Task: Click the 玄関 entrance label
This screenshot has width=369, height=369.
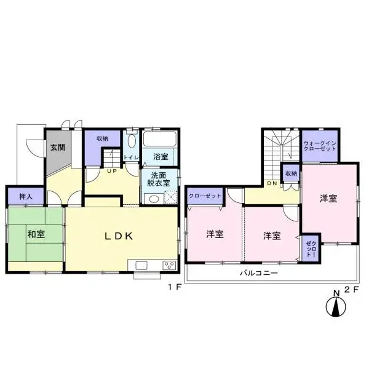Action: point(58,148)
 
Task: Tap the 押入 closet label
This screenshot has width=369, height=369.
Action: point(26,196)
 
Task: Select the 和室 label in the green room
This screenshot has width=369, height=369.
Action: point(36,234)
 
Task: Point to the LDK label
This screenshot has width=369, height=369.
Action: point(119,236)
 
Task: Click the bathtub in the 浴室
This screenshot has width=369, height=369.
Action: point(160,138)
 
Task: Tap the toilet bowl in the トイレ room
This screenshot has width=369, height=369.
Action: point(132,141)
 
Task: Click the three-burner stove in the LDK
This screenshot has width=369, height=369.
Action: point(169,265)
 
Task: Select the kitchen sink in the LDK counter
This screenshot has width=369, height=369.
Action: point(141,265)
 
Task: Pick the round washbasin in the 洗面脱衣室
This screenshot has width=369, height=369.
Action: point(154,199)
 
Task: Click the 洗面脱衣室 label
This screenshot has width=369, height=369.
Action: point(159,179)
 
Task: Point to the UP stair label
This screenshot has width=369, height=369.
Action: point(112,171)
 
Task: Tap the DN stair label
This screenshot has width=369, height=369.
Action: point(272,183)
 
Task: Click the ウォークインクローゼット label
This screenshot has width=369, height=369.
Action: point(320,146)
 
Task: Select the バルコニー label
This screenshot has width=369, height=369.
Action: point(259,273)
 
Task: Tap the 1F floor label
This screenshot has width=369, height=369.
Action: point(175,287)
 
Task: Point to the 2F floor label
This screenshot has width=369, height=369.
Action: point(352,289)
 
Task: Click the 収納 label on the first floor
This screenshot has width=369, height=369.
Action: point(102,138)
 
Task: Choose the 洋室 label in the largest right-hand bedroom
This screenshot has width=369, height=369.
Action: point(328,199)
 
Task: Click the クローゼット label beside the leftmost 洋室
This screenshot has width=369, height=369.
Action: point(205,196)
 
